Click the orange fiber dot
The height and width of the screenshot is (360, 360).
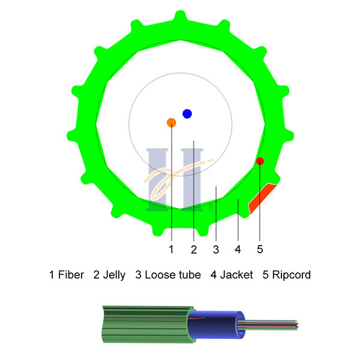pos(171,122)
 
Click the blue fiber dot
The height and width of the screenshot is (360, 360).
pos(187,113)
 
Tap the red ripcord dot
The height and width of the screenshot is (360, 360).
pos(260,161)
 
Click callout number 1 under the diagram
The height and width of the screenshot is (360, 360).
pos(171,248)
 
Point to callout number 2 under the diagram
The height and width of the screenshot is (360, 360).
pos(193,248)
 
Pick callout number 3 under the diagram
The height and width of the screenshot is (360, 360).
pos(215,248)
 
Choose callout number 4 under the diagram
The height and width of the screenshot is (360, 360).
pos(238,248)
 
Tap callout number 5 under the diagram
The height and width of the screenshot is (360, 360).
pos(260,248)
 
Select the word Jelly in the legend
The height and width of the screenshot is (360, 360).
pos(113,275)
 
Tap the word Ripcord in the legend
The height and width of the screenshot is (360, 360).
pos(291,275)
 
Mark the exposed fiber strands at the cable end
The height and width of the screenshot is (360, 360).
pos(276,325)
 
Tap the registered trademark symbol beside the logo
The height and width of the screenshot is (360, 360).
pos(211,208)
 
